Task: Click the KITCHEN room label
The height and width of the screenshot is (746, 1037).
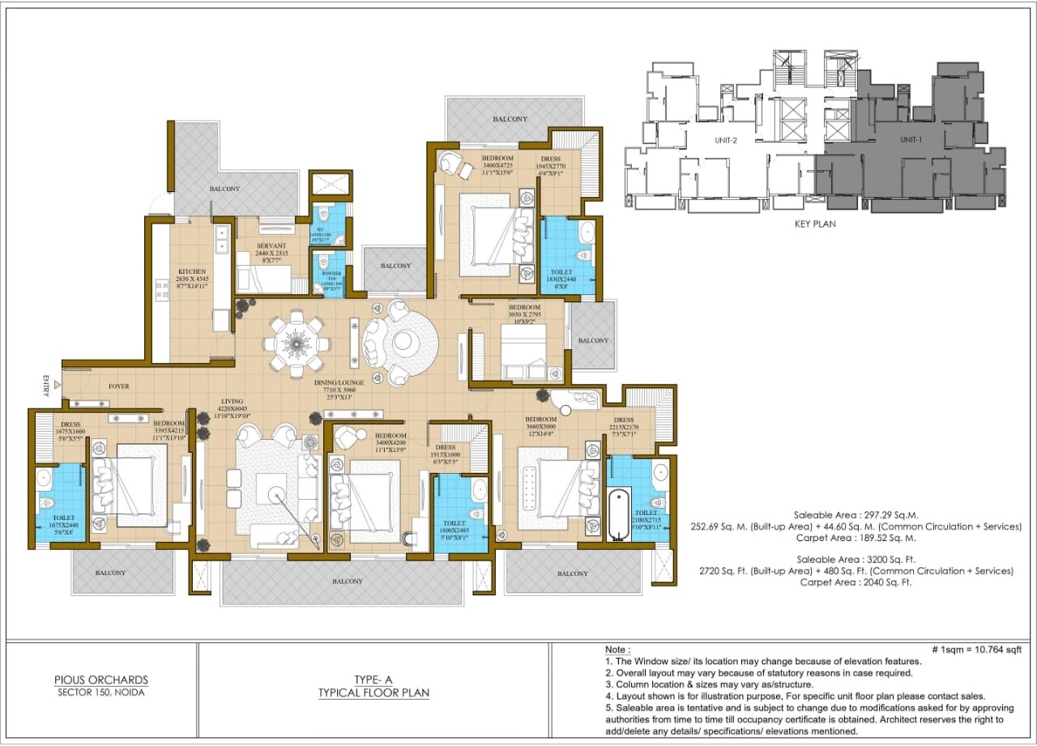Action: tap(192, 271)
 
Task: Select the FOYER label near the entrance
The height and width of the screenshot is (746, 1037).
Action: tap(119, 386)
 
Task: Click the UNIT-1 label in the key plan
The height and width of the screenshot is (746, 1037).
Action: tap(911, 140)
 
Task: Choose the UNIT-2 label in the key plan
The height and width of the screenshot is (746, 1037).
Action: tap(725, 140)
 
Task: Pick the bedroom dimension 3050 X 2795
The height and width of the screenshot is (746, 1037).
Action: tap(524, 316)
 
